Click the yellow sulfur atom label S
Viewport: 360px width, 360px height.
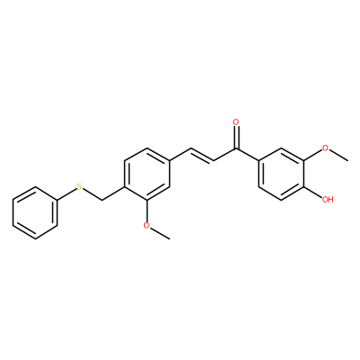(79, 187)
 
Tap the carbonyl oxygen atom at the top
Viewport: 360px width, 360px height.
(236, 122)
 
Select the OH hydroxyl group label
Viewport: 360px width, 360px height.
(328, 199)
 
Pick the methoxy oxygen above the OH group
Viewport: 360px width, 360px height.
(325, 148)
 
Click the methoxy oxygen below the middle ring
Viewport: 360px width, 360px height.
(147, 225)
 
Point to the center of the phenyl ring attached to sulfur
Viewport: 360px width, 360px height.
(35, 213)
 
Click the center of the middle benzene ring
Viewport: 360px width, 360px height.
(147, 174)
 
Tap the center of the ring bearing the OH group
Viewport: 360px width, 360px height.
(281, 174)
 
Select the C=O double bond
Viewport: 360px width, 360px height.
(236, 138)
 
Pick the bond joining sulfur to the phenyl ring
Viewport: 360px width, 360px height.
(67, 193)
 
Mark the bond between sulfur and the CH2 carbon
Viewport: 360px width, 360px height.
(93, 194)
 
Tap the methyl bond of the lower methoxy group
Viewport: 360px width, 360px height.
(159, 233)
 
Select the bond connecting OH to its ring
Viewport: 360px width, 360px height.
(312, 192)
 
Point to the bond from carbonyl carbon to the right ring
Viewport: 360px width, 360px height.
(247, 155)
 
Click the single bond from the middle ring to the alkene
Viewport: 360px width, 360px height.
(181, 155)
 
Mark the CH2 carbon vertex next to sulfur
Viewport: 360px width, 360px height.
(102, 200)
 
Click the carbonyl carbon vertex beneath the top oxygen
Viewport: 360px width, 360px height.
(236, 148)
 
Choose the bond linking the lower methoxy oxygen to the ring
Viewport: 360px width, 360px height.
(147, 211)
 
